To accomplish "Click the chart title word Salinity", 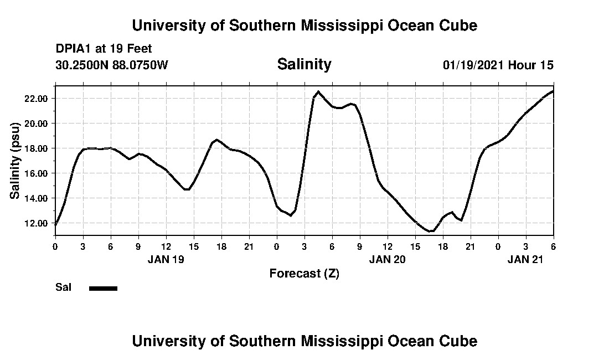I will [x=304, y=64].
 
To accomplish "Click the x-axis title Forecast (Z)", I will [x=304, y=273].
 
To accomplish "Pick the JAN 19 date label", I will [x=166, y=259].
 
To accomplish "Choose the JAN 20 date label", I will [x=388, y=259].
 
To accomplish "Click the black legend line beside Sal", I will [x=103, y=288].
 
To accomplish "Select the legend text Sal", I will [x=63, y=287].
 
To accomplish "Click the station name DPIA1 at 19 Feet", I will [x=104, y=49].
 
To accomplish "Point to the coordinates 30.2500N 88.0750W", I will [x=111, y=65].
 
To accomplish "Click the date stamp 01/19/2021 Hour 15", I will [x=498, y=65].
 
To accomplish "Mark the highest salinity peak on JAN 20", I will [x=318, y=91].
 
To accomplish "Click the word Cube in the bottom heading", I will [x=459, y=341].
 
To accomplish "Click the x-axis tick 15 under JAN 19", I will [x=194, y=245].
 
